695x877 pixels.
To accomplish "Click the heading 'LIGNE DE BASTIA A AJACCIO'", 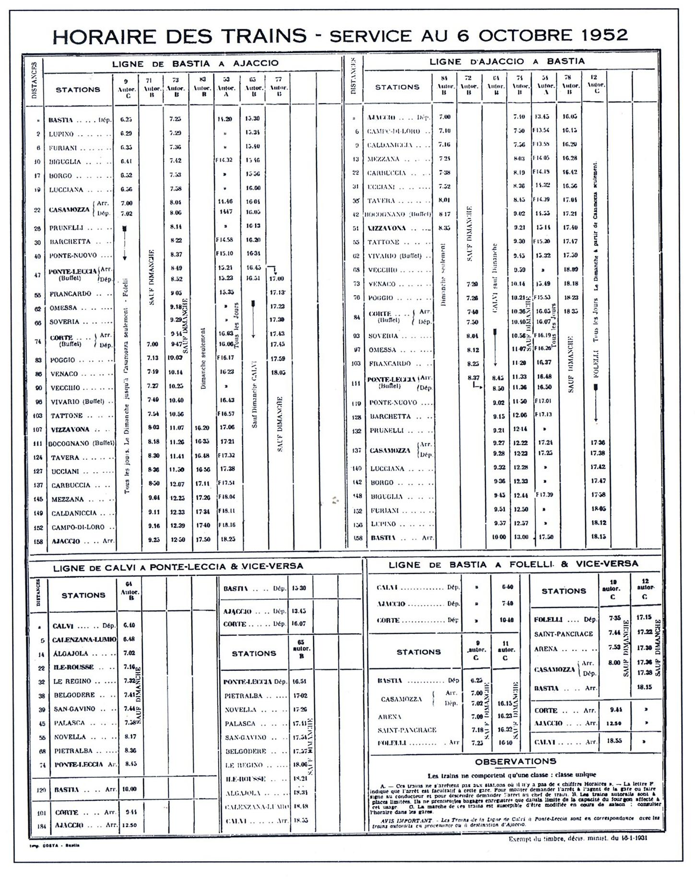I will click(x=195, y=63).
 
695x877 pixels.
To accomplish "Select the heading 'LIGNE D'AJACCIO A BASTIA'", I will click(x=507, y=61).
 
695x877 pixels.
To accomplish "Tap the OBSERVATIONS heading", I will click(x=516, y=761).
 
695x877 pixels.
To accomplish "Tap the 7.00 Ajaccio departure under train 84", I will click(x=445, y=117).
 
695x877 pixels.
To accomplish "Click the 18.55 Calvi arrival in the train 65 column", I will click(x=301, y=820).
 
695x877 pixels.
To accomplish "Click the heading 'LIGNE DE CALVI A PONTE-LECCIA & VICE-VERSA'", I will click(x=178, y=566).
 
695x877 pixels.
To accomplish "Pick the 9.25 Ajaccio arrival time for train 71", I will click(x=154, y=539).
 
